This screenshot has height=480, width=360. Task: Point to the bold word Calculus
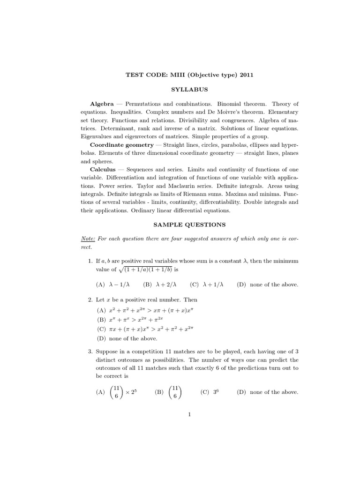103,169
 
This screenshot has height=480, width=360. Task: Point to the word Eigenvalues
98,136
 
